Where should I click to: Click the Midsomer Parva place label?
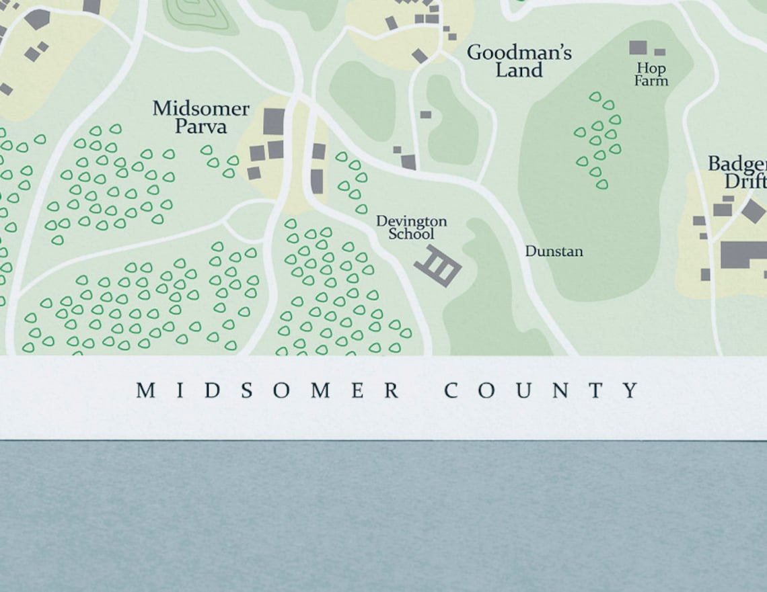200,117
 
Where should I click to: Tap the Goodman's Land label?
519,61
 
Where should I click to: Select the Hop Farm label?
651,74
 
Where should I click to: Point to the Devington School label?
411,227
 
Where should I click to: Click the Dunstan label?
554,251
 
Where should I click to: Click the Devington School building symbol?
437,265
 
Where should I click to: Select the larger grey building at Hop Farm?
637,48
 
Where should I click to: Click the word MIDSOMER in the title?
268,390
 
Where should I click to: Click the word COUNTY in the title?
542,390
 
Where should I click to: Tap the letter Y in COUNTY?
630,390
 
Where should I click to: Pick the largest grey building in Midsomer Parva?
273,122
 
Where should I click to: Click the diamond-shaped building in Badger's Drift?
754,211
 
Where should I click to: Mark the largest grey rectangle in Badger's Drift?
743,255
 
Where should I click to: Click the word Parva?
200,126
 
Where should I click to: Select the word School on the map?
411,234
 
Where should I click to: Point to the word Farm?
651,81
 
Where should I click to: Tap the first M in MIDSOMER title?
145,390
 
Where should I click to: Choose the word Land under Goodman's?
519,70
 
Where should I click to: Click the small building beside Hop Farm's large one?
659,52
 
